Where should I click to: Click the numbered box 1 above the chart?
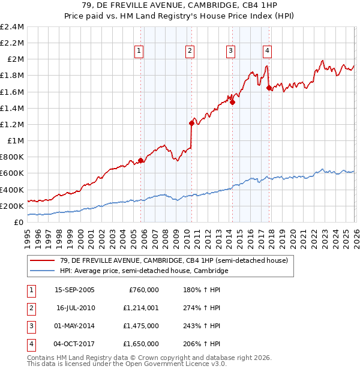(139, 51)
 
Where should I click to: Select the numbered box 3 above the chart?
(230, 51)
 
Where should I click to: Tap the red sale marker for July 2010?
(192, 123)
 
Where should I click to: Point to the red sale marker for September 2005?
(141, 160)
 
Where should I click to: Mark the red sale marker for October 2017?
(269, 88)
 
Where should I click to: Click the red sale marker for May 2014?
(232, 102)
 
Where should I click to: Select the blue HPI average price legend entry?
(144, 271)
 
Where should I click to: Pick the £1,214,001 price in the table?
(143, 308)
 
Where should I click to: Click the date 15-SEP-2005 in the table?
(74, 289)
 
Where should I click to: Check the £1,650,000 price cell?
(143, 344)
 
